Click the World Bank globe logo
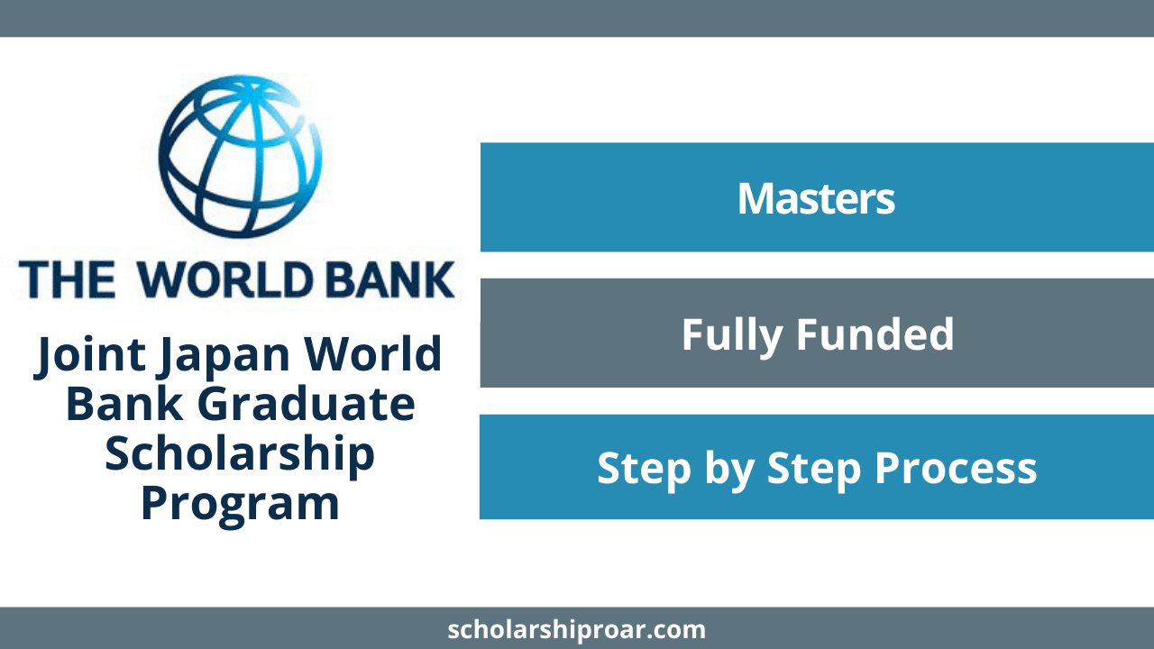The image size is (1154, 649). [x=240, y=157]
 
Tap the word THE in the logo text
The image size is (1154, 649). [x=67, y=279]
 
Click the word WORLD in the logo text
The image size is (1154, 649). [x=226, y=279]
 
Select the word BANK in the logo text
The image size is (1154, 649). [x=390, y=279]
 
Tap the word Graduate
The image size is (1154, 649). [x=306, y=404]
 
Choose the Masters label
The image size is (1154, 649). [x=816, y=198]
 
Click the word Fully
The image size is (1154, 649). [x=732, y=336]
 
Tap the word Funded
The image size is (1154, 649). [x=875, y=334]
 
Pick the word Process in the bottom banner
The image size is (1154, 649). [x=956, y=468]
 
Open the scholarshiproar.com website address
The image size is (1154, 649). [x=576, y=630]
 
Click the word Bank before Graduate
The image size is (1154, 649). [x=124, y=404]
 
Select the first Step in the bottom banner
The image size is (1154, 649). [x=644, y=471]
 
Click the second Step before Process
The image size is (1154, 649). [x=814, y=471]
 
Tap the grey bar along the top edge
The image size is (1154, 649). [x=577, y=18]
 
